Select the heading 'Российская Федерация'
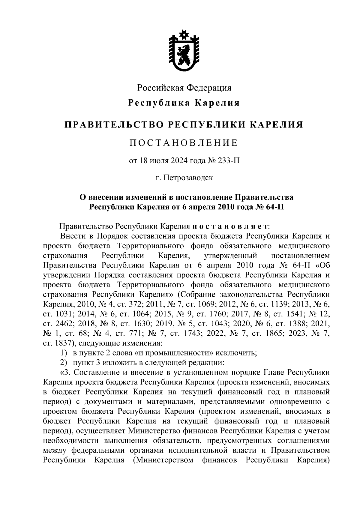click(x=184, y=88)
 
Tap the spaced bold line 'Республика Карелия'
click(x=184, y=103)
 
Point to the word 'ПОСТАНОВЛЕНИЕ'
click(x=184, y=143)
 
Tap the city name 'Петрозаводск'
click(x=188, y=178)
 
